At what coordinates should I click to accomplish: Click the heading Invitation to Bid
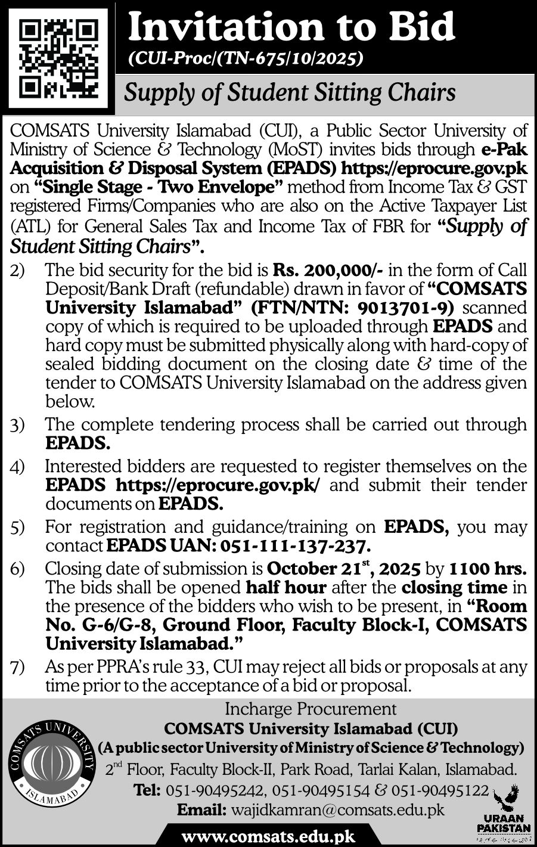tap(291, 27)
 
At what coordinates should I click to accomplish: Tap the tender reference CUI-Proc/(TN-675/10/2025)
tap(245, 58)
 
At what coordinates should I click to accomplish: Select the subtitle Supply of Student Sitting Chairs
tap(288, 92)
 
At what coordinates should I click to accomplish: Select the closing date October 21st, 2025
tap(345, 568)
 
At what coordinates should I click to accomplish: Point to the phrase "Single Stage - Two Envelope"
tap(162, 187)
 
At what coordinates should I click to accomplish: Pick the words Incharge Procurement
tap(311, 709)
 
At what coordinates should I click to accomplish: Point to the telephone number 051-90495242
tap(216, 790)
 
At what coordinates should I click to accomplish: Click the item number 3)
tap(17, 425)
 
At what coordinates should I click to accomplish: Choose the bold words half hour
tap(286, 587)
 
